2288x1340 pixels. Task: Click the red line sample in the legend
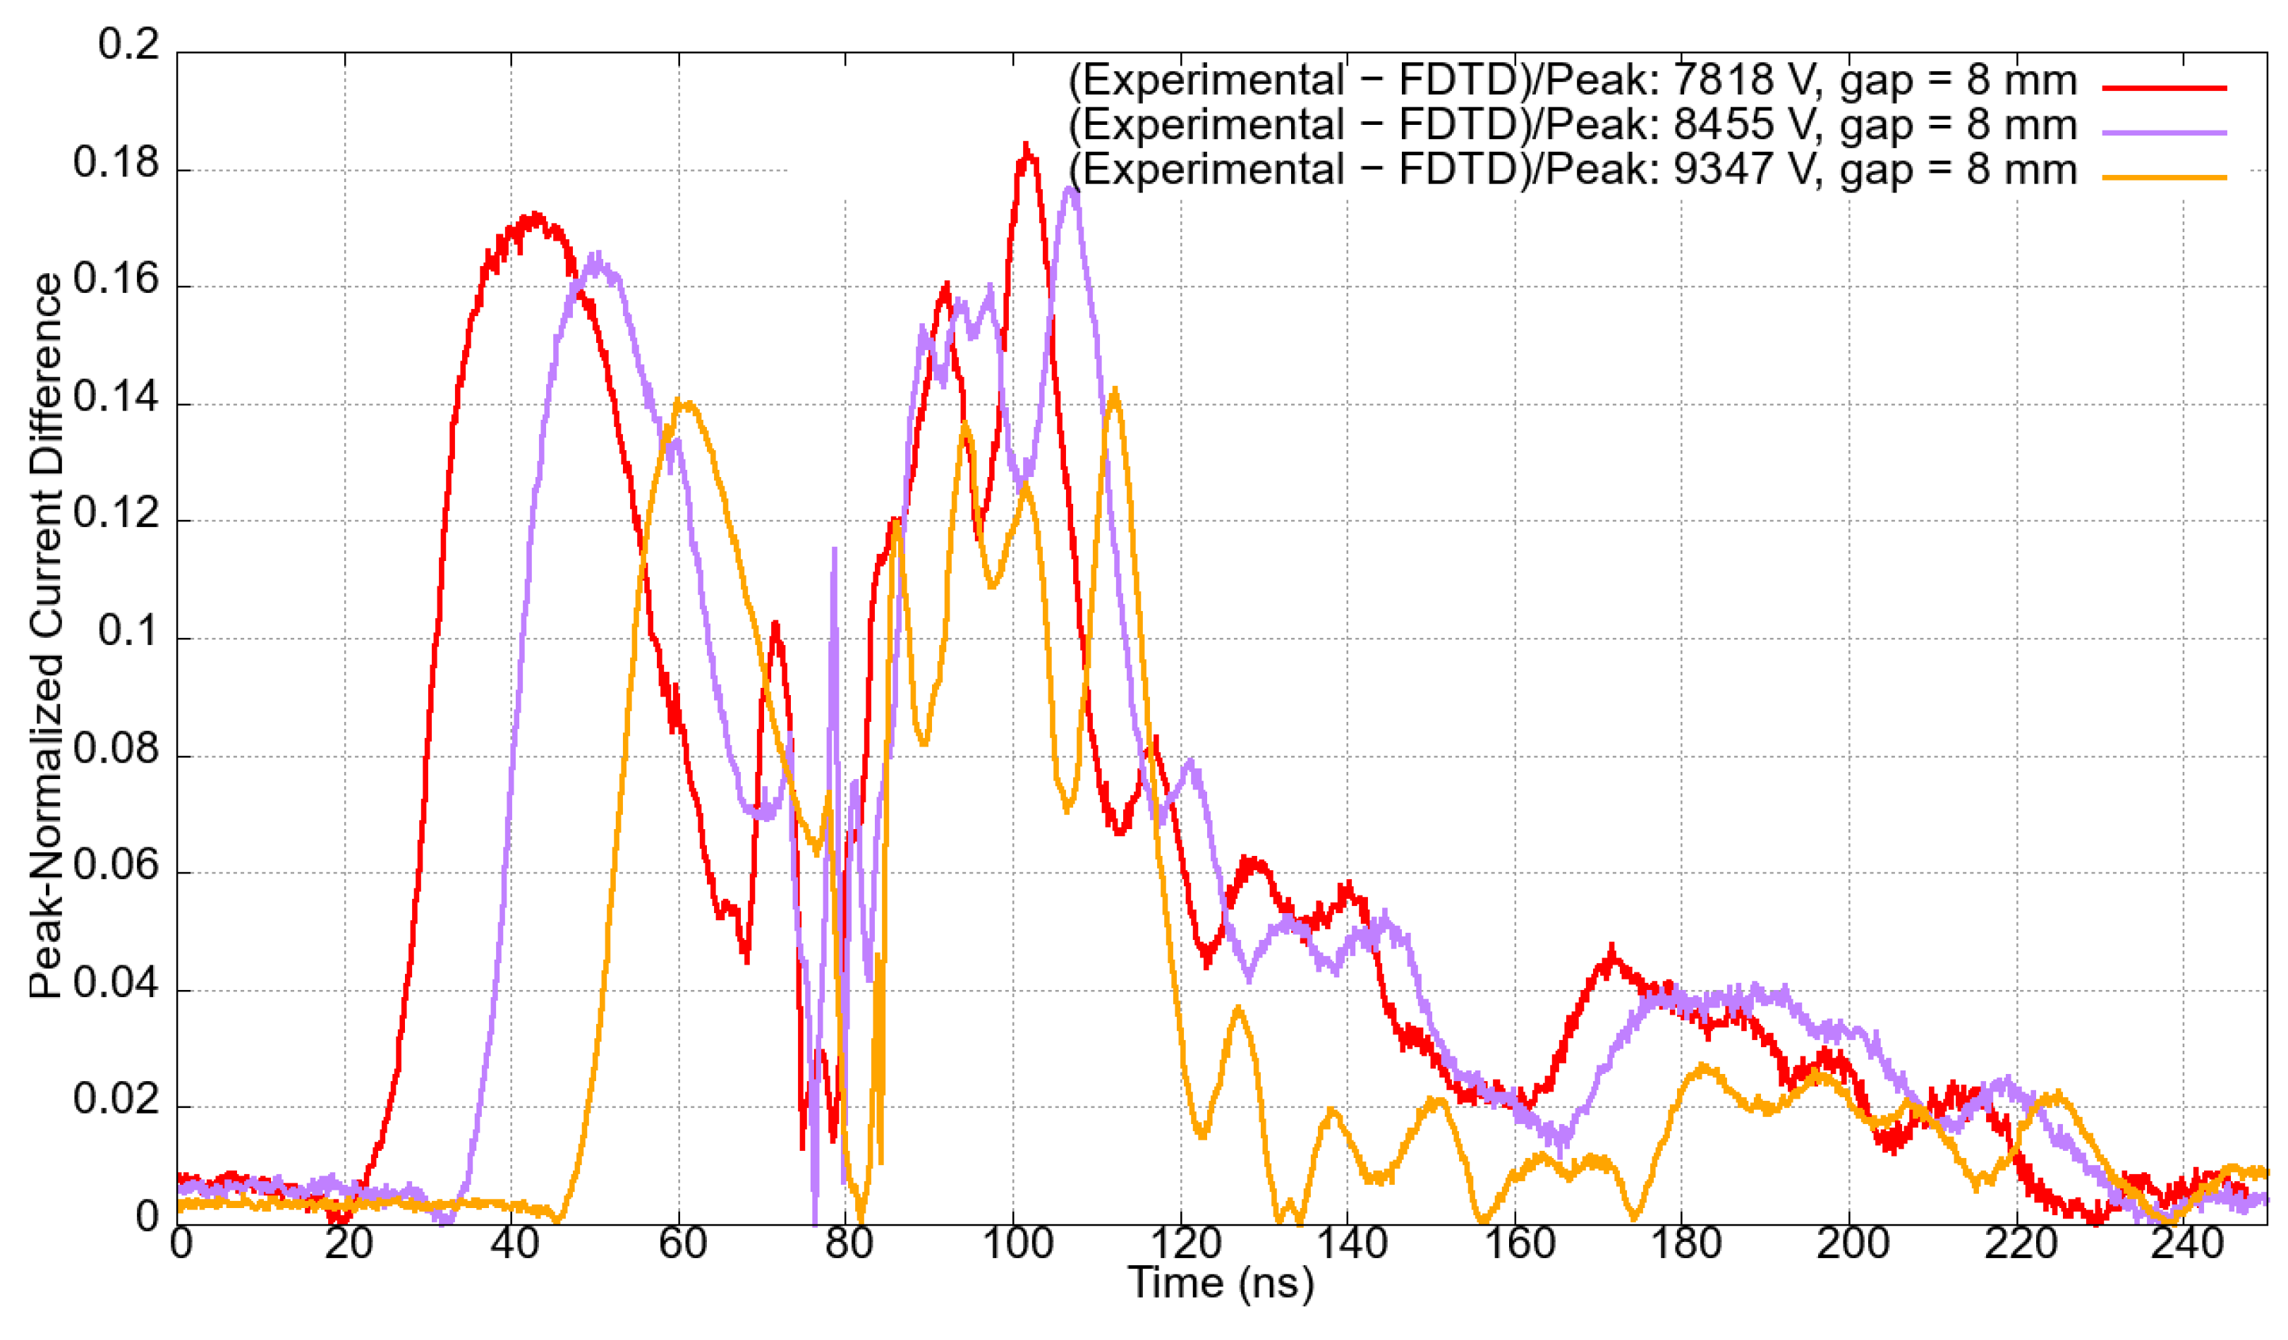pos(2165,88)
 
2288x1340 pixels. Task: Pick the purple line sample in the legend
pos(2165,133)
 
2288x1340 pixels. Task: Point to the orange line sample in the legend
pos(2165,177)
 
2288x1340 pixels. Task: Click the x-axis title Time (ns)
pos(1221,1284)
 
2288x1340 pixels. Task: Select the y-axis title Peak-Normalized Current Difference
pos(45,636)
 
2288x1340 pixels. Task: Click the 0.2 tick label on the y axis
pos(128,45)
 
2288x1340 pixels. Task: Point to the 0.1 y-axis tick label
pos(128,632)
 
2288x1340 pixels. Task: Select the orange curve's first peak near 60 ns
pos(687,404)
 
